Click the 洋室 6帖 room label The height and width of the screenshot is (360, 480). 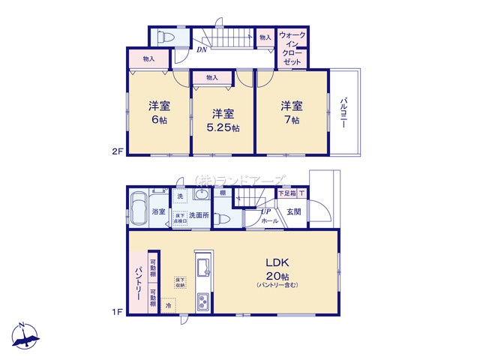point(158,112)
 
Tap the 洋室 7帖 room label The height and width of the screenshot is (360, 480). point(291,112)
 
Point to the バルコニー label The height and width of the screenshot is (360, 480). point(343,113)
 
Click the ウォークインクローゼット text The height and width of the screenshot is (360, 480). point(292,49)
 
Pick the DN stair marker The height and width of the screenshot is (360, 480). point(202,50)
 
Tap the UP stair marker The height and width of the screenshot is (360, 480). point(265,211)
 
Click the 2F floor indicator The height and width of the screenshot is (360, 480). point(116,151)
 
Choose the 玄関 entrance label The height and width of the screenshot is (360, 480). point(293,211)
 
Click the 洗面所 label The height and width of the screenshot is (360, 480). point(199,215)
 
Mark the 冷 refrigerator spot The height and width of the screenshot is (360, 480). point(169,306)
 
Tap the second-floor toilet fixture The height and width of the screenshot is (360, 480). point(166,35)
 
